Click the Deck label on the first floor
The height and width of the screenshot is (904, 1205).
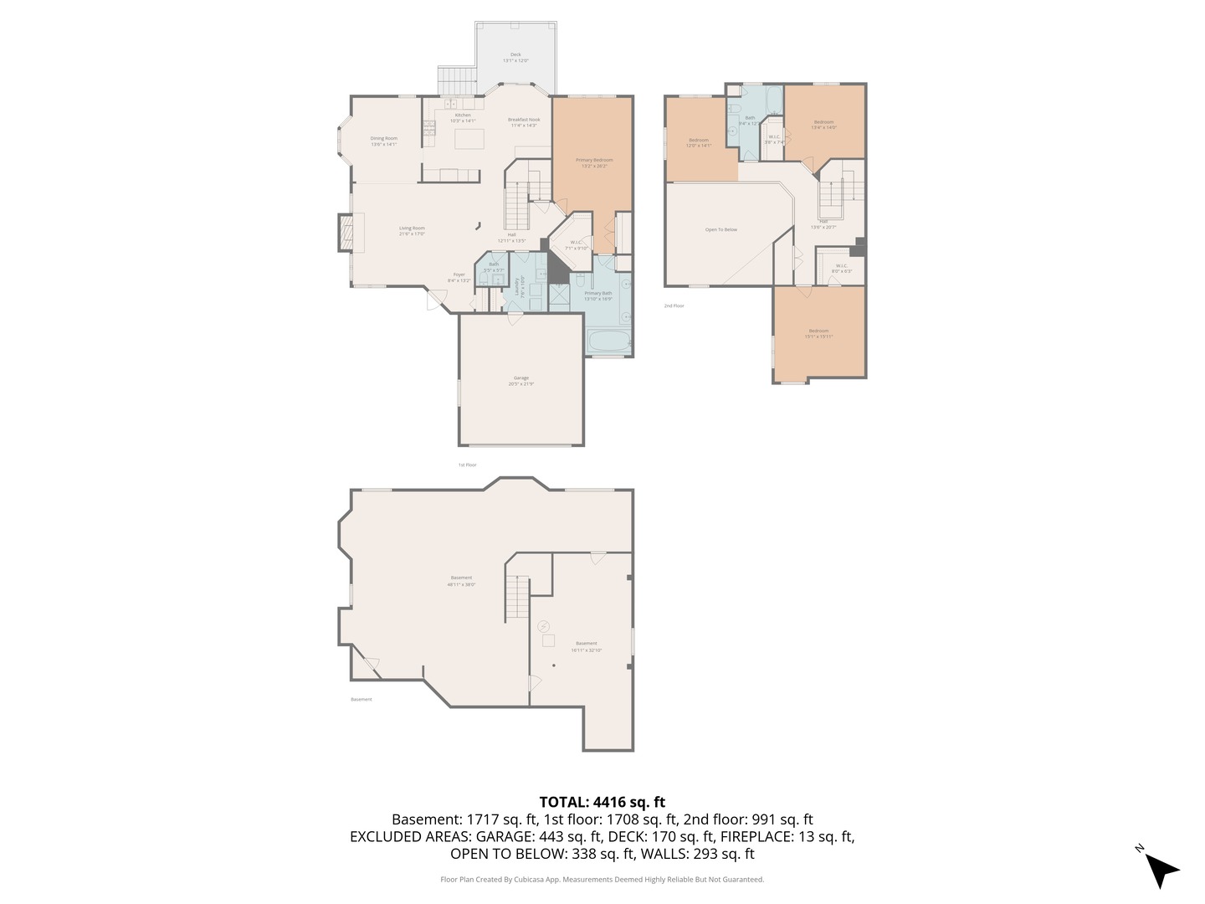515,58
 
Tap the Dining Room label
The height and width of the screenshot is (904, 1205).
384,141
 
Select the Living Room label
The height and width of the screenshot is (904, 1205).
412,231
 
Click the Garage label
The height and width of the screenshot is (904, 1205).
520,381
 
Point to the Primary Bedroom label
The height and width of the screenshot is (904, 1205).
593,162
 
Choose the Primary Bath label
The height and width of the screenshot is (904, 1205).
598,295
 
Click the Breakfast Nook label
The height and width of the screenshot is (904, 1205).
524,122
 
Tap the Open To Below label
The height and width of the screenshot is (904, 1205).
721,229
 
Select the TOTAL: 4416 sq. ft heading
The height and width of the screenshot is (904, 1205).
602,802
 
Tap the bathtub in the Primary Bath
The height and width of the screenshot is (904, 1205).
609,342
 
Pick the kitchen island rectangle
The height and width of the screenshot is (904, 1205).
469,138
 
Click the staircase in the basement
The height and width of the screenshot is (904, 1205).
517,598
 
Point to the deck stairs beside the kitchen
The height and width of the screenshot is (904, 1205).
457,82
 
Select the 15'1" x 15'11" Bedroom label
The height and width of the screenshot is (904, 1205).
818,333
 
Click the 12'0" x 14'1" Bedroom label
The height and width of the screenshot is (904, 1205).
699,142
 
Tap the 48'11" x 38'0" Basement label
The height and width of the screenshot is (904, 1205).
461,581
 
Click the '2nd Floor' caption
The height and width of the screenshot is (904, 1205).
674,306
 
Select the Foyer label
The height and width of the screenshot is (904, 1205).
459,277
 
